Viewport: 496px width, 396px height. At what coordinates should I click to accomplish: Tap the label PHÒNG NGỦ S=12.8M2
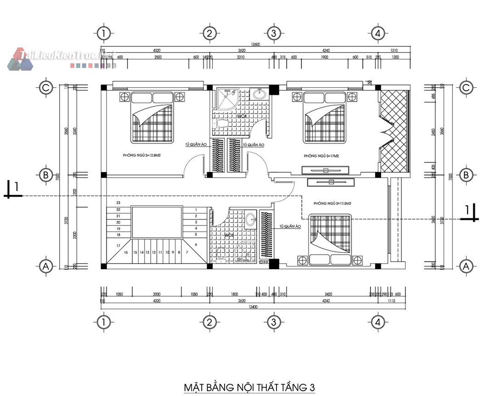(x=144, y=156)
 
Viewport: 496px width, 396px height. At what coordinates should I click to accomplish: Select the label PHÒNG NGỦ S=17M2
(x=321, y=156)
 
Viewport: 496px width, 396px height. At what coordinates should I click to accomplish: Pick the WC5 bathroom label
(x=229, y=236)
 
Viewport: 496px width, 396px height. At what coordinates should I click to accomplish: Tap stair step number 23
(x=118, y=203)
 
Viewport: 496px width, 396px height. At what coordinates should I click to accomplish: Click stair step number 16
(x=125, y=252)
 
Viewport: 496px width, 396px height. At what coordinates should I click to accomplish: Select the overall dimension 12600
(x=255, y=45)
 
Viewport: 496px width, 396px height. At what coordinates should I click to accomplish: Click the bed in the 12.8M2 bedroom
(x=152, y=117)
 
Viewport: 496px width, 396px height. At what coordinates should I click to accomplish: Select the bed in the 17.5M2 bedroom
(x=330, y=239)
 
